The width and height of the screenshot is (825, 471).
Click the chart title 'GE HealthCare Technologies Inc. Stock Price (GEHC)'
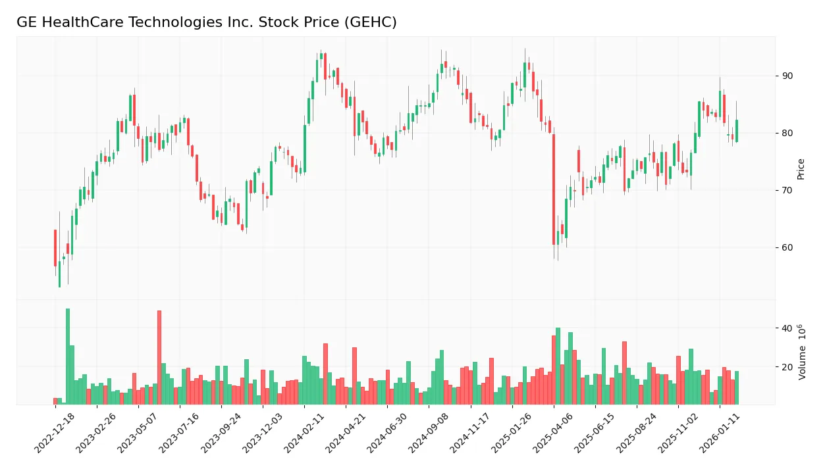click(x=206, y=22)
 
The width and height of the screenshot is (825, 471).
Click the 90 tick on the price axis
click(x=787, y=76)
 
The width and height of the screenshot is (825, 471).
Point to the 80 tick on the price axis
click(x=787, y=133)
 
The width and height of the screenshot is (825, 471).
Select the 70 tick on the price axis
click(x=787, y=190)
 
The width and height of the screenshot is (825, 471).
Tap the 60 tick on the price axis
click(x=787, y=247)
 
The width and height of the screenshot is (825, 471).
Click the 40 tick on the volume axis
click(x=787, y=328)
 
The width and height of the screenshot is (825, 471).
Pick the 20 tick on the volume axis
click(x=787, y=367)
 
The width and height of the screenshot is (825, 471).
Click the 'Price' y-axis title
click(x=801, y=169)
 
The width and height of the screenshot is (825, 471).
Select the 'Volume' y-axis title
click(x=801, y=352)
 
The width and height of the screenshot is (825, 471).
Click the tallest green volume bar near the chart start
click(x=68, y=356)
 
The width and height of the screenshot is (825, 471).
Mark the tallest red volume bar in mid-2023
click(x=159, y=357)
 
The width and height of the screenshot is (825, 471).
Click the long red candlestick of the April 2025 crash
click(x=554, y=189)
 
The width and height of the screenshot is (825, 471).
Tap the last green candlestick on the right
click(x=737, y=131)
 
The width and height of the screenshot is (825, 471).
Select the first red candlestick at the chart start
click(x=55, y=248)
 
